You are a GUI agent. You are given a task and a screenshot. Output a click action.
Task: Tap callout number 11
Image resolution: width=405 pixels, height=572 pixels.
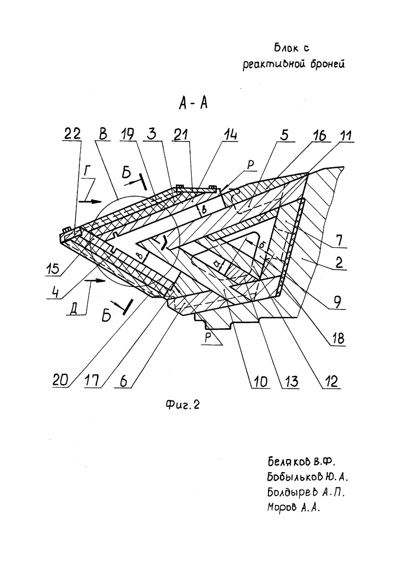[x=345, y=135]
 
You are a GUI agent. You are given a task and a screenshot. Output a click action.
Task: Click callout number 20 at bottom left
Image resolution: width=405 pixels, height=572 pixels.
[x=61, y=381]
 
